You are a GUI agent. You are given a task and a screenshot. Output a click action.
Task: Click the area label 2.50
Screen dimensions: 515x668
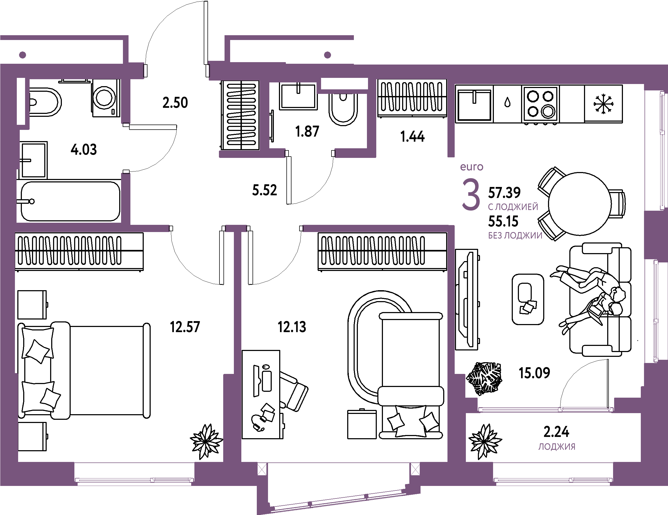(x=175, y=102)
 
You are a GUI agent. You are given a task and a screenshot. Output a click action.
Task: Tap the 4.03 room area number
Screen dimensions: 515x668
(x=83, y=150)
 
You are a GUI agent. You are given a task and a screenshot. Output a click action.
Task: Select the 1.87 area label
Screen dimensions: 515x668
(x=307, y=132)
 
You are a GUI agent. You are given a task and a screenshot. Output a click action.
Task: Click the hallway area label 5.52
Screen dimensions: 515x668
(x=265, y=190)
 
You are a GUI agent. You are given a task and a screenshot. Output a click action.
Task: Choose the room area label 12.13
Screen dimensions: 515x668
(x=292, y=327)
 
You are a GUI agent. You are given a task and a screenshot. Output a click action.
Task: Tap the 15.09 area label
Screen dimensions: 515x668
(x=535, y=373)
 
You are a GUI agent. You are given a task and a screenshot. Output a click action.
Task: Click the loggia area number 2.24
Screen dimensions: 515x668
(x=556, y=432)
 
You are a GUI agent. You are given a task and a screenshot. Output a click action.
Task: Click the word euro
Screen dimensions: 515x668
(x=472, y=167)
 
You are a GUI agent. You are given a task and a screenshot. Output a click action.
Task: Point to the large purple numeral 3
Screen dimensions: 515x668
(x=471, y=195)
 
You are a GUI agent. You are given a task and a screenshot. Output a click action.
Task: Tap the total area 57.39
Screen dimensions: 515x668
(x=504, y=193)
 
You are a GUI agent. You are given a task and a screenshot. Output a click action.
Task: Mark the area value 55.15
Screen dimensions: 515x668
(x=503, y=221)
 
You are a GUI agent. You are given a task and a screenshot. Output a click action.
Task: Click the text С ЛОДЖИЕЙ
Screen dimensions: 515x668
(x=513, y=207)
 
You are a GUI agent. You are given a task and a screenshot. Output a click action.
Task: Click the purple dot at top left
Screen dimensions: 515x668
(x=22, y=55)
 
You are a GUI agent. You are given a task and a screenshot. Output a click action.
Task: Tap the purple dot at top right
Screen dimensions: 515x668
(x=327, y=55)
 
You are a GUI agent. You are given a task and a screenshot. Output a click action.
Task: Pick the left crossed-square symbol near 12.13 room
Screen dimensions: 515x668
(x=262, y=469)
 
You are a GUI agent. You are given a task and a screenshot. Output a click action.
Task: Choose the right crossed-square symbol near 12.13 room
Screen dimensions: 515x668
(x=415, y=469)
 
